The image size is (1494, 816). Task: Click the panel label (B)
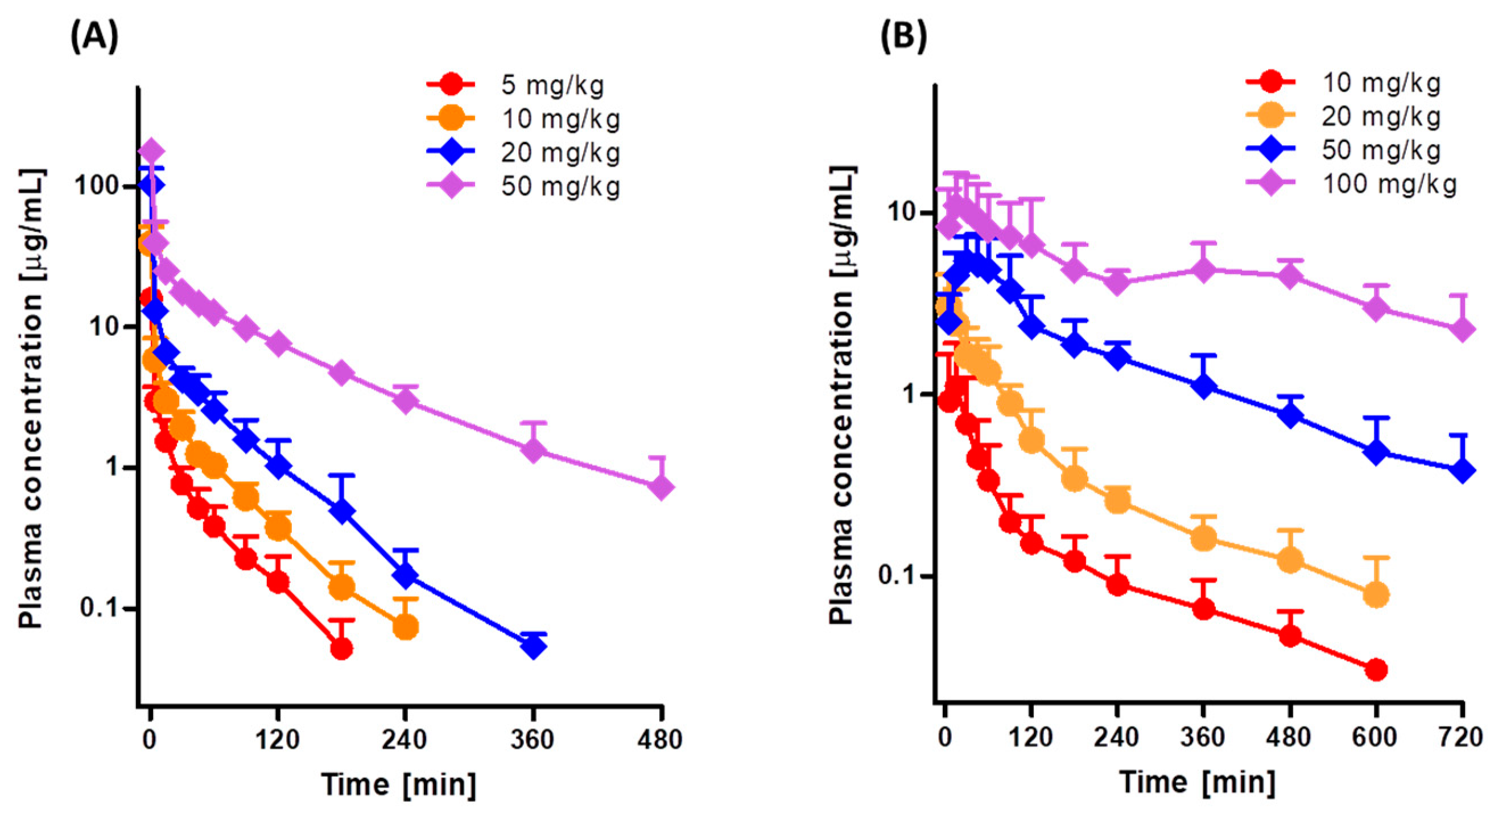[x=903, y=36]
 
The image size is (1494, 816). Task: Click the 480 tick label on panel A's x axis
[x=661, y=739]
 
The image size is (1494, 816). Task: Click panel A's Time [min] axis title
[x=399, y=785]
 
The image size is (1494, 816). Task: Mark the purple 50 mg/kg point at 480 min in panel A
[x=661, y=487]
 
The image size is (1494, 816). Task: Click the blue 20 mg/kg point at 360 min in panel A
[x=533, y=646]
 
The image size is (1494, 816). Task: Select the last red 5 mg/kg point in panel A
[x=341, y=648]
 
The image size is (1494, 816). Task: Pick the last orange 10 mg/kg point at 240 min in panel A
[x=406, y=627]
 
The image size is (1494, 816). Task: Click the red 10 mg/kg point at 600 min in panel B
[x=1376, y=670]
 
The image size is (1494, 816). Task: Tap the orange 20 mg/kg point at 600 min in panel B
[x=1376, y=594]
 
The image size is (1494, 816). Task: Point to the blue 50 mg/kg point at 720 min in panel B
[x=1462, y=470]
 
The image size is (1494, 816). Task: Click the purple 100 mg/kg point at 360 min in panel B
[x=1203, y=270]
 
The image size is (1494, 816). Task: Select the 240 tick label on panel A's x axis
[x=405, y=739]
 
